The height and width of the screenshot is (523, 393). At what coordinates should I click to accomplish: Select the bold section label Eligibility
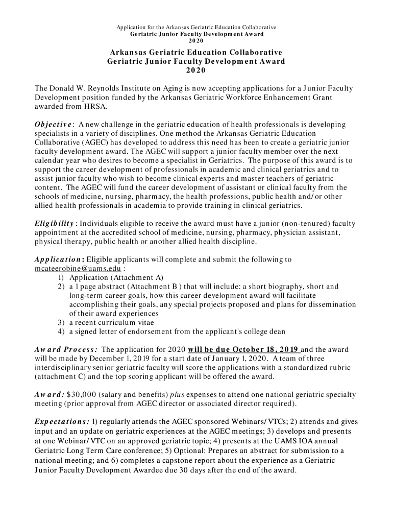54,224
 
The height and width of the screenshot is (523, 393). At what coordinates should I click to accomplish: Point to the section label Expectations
62,422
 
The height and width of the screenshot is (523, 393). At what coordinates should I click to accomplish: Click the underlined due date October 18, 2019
258,350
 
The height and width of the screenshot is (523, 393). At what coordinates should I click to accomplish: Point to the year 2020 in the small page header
196,40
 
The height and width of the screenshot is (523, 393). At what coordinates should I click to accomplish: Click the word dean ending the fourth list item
277,331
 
